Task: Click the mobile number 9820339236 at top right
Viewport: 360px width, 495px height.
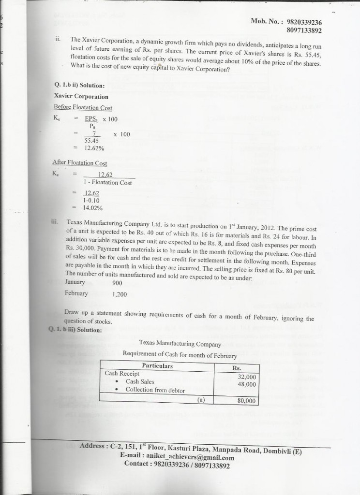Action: (304, 22)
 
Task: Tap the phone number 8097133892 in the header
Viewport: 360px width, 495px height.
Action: (304, 30)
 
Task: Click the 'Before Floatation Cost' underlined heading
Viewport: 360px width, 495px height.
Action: (83, 107)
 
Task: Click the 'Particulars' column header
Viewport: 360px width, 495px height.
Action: (157, 365)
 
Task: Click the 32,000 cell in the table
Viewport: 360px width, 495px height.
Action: (247, 377)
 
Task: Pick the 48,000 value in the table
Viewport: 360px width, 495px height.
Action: (247, 385)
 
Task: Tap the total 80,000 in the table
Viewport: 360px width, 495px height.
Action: (247, 401)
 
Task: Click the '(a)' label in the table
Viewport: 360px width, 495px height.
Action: (201, 400)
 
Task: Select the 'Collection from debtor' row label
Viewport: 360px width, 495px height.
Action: (155, 390)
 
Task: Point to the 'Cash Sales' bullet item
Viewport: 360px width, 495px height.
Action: (140, 381)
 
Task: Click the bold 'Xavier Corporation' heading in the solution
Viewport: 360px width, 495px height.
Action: (81, 97)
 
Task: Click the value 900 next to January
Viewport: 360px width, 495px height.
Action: (117, 283)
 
